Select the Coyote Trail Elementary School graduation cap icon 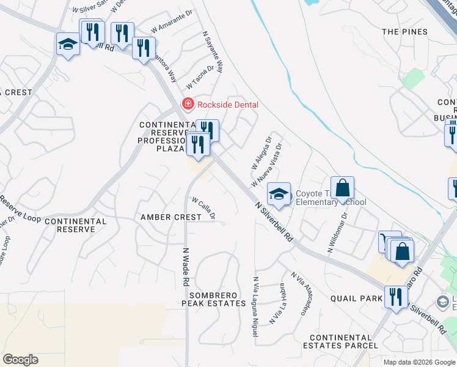pyautogui.click(x=279, y=194)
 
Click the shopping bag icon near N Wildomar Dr pyautogui.click(x=343, y=188)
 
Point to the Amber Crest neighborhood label pyautogui.click(x=170, y=217)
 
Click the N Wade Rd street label pyautogui.click(x=185, y=267)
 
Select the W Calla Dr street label pyautogui.click(x=204, y=208)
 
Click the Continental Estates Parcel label pyautogui.click(x=344, y=341)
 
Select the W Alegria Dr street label pyautogui.click(x=261, y=154)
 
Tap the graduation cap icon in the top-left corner pyautogui.click(x=68, y=44)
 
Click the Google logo pyautogui.click(x=20, y=360)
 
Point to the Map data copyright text pyautogui.click(x=419, y=362)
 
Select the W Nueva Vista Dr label pyautogui.click(x=266, y=166)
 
